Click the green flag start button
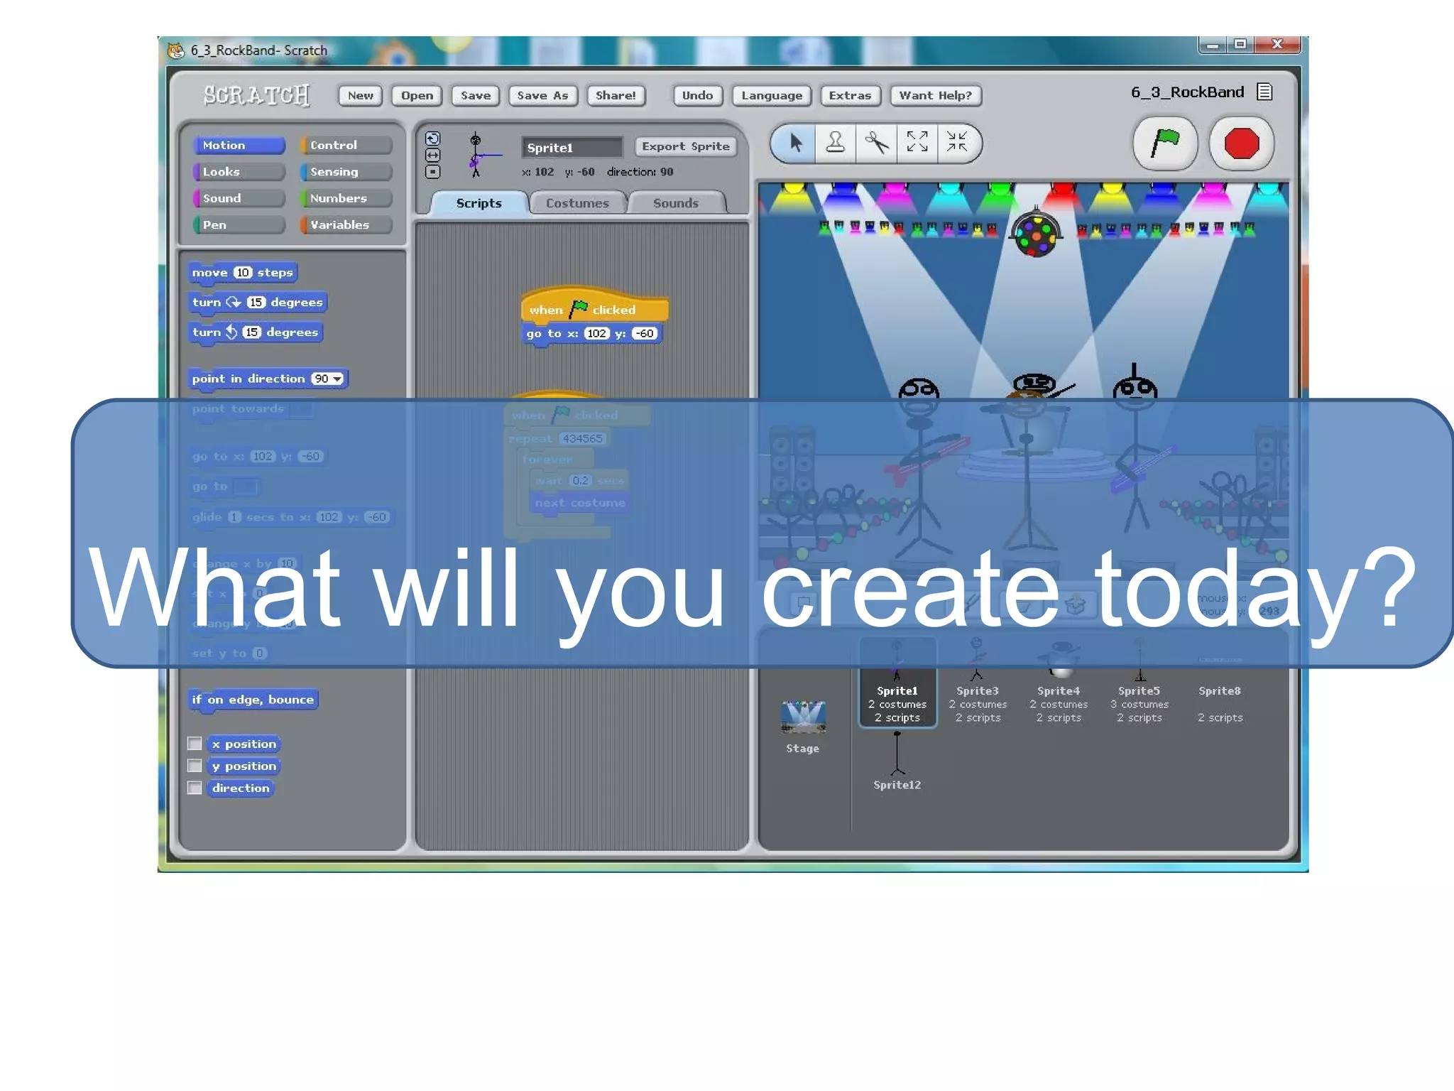(x=1165, y=143)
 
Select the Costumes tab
(x=577, y=203)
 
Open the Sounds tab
(x=675, y=203)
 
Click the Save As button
(x=542, y=95)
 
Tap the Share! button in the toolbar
(x=616, y=95)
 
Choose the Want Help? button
(x=935, y=95)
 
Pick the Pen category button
(x=239, y=225)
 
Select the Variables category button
(x=346, y=225)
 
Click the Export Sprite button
(x=685, y=146)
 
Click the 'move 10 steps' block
(x=242, y=273)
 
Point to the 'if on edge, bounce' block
(x=253, y=700)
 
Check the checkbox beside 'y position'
(x=195, y=766)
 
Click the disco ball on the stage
(x=1036, y=234)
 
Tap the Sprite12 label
(x=897, y=785)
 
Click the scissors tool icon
(x=877, y=143)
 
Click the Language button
(x=772, y=95)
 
